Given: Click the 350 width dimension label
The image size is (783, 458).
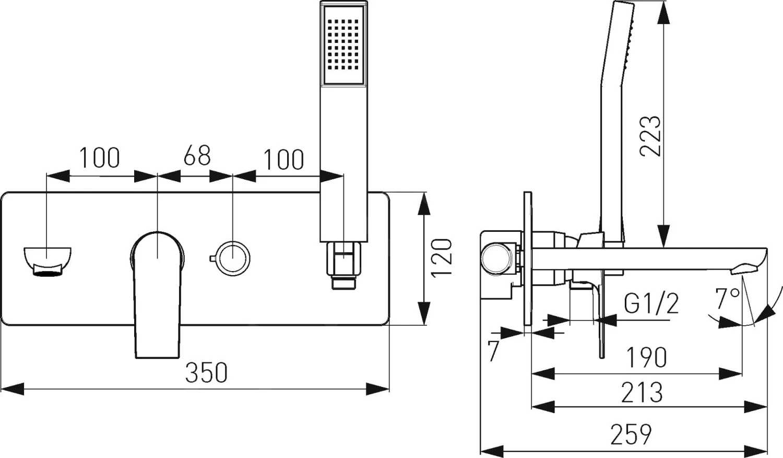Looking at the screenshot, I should click(x=207, y=372).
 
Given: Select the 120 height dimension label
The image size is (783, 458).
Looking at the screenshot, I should click(x=442, y=258).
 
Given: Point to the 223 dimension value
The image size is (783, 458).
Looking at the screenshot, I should click(x=650, y=136).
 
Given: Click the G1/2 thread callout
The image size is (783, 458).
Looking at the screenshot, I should click(x=651, y=303).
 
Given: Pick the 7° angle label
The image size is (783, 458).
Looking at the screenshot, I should click(x=728, y=299).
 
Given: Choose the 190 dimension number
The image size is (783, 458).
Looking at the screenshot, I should click(x=646, y=357).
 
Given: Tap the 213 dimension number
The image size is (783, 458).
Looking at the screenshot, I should click(x=642, y=393).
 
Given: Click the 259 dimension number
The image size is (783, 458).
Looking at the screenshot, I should click(x=631, y=434).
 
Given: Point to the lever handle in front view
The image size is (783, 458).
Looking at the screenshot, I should click(x=157, y=292).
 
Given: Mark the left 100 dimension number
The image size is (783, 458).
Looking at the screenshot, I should click(x=99, y=157).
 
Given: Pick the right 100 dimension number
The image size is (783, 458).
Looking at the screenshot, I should click(x=283, y=159).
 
